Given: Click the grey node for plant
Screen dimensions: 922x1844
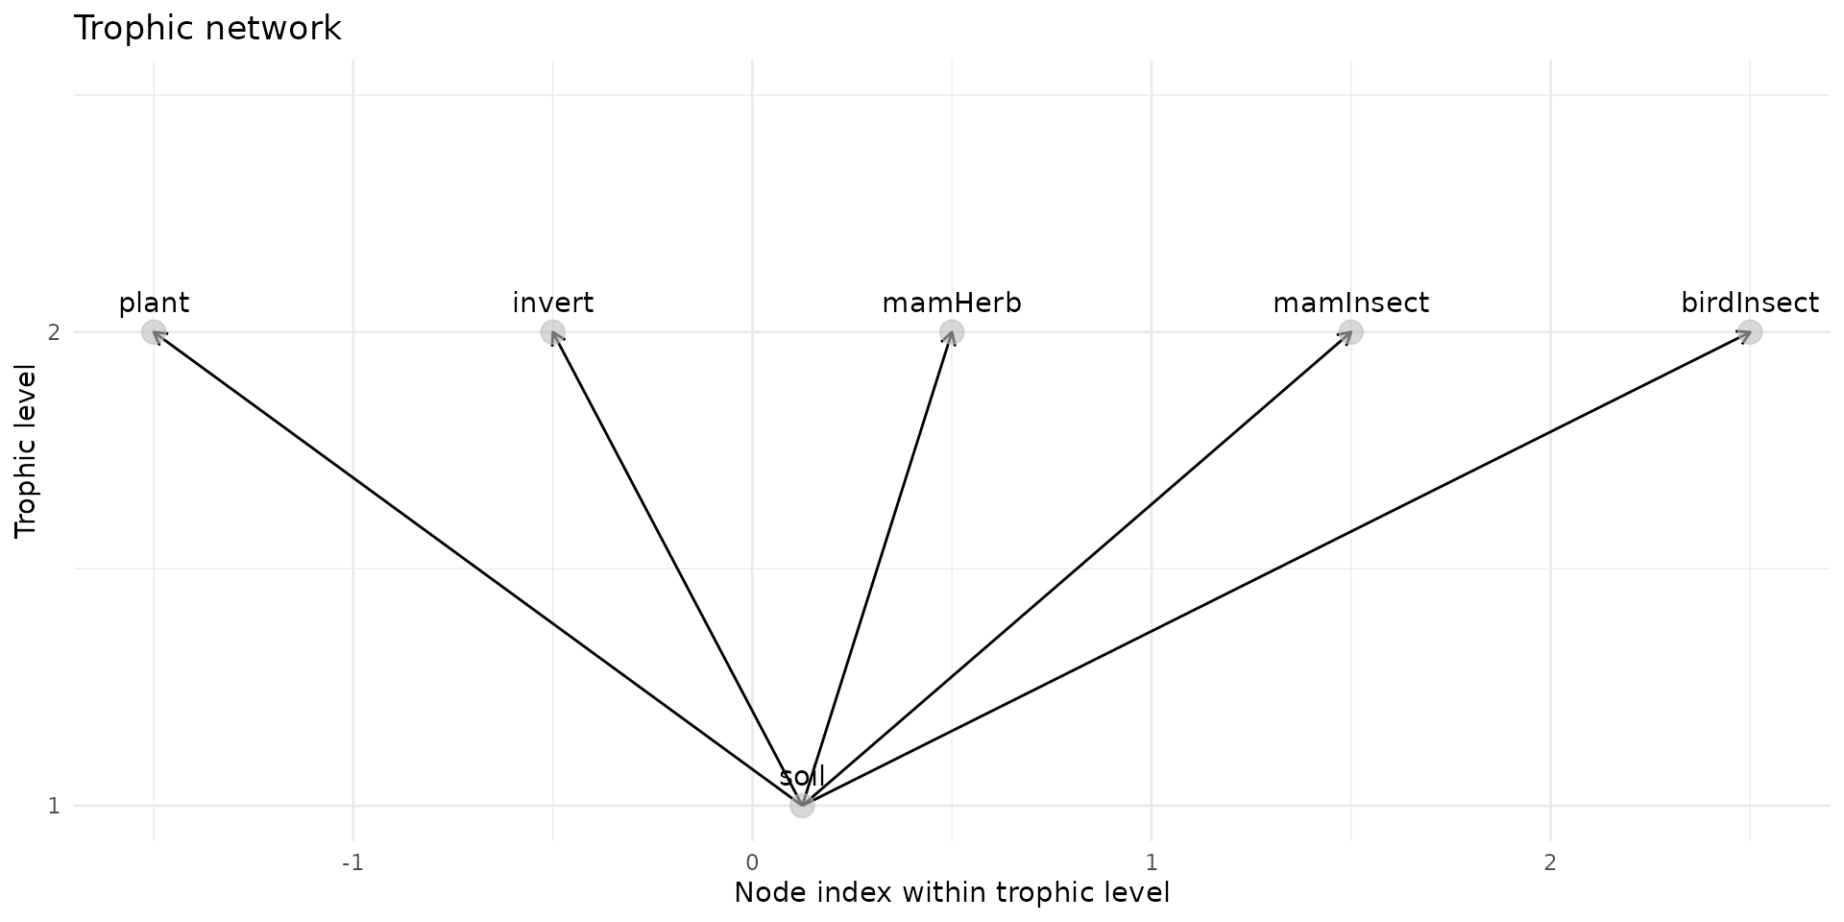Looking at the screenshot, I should [x=154, y=332].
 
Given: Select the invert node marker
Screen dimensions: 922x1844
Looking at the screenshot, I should [x=552, y=332].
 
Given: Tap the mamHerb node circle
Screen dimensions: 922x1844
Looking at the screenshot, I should [x=952, y=332].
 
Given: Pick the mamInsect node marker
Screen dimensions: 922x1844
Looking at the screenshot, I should [x=1351, y=332].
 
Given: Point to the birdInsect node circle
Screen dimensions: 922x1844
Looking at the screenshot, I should [x=1750, y=332].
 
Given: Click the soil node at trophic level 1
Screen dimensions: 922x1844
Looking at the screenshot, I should [x=802, y=806].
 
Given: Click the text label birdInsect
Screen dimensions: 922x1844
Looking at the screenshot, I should [x=1750, y=303].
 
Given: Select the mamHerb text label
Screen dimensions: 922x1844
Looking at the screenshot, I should [x=952, y=303].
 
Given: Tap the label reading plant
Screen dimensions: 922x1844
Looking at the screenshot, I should [x=154, y=303].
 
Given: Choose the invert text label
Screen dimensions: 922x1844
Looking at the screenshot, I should [x=552, y=303].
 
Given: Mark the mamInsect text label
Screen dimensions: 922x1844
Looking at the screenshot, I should [x=1351, y=303].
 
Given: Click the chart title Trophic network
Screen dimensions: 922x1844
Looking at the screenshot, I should [x=207, y=29].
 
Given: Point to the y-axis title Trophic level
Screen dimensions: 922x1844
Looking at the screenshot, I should [x=26, y=450].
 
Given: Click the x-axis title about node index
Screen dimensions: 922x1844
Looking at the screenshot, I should [x=952, y=893].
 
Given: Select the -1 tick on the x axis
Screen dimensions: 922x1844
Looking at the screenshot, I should [x=353, y=862].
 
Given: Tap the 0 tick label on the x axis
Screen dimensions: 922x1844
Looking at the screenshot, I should [x=752, y=862].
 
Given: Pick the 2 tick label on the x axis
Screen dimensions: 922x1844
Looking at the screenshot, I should [x=1550, y=862].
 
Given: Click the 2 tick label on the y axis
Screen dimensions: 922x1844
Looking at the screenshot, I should [x=54, y=332].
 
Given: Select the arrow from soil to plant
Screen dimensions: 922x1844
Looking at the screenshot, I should [x=477, y=569].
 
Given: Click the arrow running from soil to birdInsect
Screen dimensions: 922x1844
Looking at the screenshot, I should [x=1275, y=569].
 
